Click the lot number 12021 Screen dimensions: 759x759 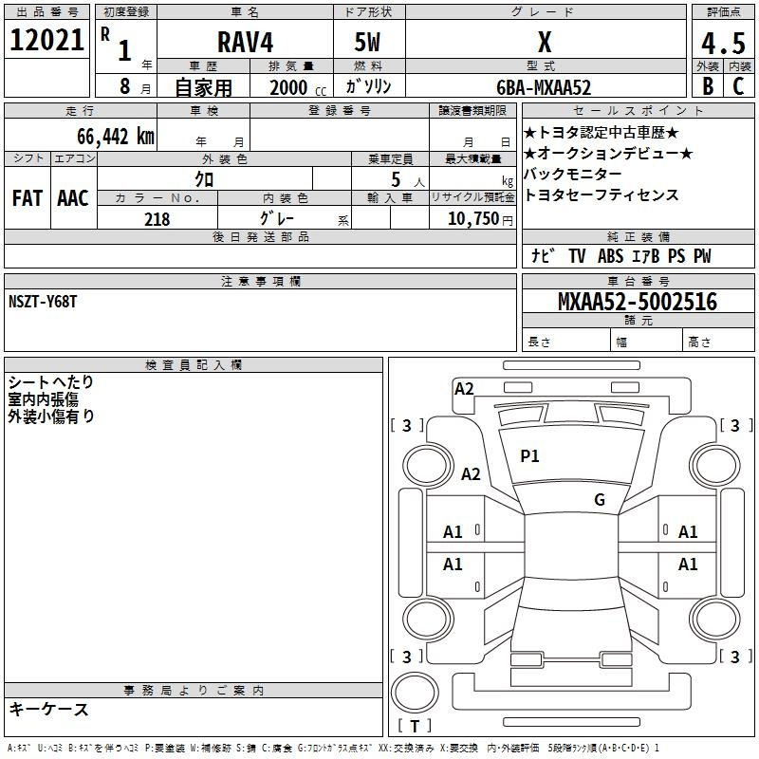[46, 40]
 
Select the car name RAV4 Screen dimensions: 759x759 [245, 42]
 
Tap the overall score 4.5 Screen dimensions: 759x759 [723, 43]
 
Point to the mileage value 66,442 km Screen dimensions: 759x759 [116, 136]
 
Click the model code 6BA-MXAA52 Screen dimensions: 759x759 [544, 87]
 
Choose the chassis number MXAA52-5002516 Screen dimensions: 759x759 [637, 302]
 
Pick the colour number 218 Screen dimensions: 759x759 [157, 219]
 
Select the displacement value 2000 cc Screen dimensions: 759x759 [298, 87]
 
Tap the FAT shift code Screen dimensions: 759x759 [28, 198]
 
